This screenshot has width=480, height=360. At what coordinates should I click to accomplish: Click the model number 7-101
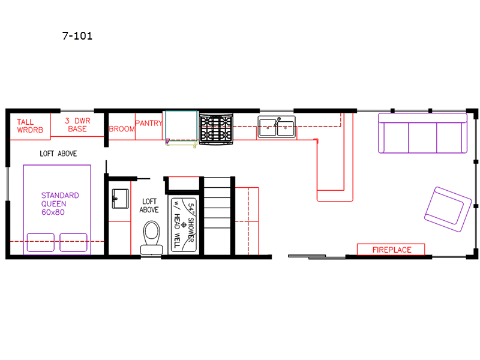pos(77,36)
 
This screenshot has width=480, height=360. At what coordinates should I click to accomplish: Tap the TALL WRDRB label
pos(29,126)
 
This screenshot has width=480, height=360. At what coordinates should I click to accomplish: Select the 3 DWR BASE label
pos(77,125)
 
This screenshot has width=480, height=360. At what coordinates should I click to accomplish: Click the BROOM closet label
pos(122,129)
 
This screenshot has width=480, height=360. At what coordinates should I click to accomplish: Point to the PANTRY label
pos(148,123)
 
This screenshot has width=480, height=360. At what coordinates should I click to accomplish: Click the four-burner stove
pos(216,128)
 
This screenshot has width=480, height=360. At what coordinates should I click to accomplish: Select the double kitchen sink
pos(277,127)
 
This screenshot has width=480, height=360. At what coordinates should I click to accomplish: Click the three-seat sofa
pos(422,133)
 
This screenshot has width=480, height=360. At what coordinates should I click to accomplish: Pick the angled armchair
pos(448,209)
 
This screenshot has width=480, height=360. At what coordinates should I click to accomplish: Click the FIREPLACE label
pos(392,250)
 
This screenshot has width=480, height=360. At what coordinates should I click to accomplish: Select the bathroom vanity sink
pos(121,199)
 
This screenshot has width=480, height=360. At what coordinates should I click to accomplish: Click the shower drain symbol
pos(184,225)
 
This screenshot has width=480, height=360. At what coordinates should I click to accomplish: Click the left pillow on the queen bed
pos(41,242)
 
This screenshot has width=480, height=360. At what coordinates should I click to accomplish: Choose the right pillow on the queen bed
pos(73,242)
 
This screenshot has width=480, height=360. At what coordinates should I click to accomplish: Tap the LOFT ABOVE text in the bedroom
pos(58,154)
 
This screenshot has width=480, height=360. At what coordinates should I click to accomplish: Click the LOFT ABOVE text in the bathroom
pos(149,206)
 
